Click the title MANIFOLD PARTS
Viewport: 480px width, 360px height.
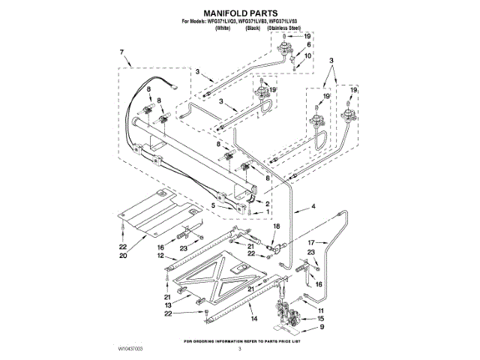pyautogui.click(x=240, y=13)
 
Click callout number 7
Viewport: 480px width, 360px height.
pyautogui.click(x=121, y=52)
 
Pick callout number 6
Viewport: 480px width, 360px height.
pyautogui.click(x=307, y=45)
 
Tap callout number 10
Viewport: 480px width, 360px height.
pyautogui.click(x=307, y=55)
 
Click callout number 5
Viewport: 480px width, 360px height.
pyautogui.click(x=213, y=205)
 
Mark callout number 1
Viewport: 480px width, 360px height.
pyautogui.click(x=268, y=212)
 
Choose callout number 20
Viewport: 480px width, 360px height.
pyautogui.click(x=123, y=254)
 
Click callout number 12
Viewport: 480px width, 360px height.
pyautogui.click(x=160, y=256)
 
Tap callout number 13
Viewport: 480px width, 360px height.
pyautogui.click(x=169, y=306)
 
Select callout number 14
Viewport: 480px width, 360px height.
pyautogui.click(x=254, y=319)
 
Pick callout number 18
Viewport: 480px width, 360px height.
pyautogui.click(x=275, y=226)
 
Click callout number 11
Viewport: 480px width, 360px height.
pyautogui.click(x=322, y=310)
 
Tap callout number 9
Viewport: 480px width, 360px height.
pyautogui.click(x=322, y=327)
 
